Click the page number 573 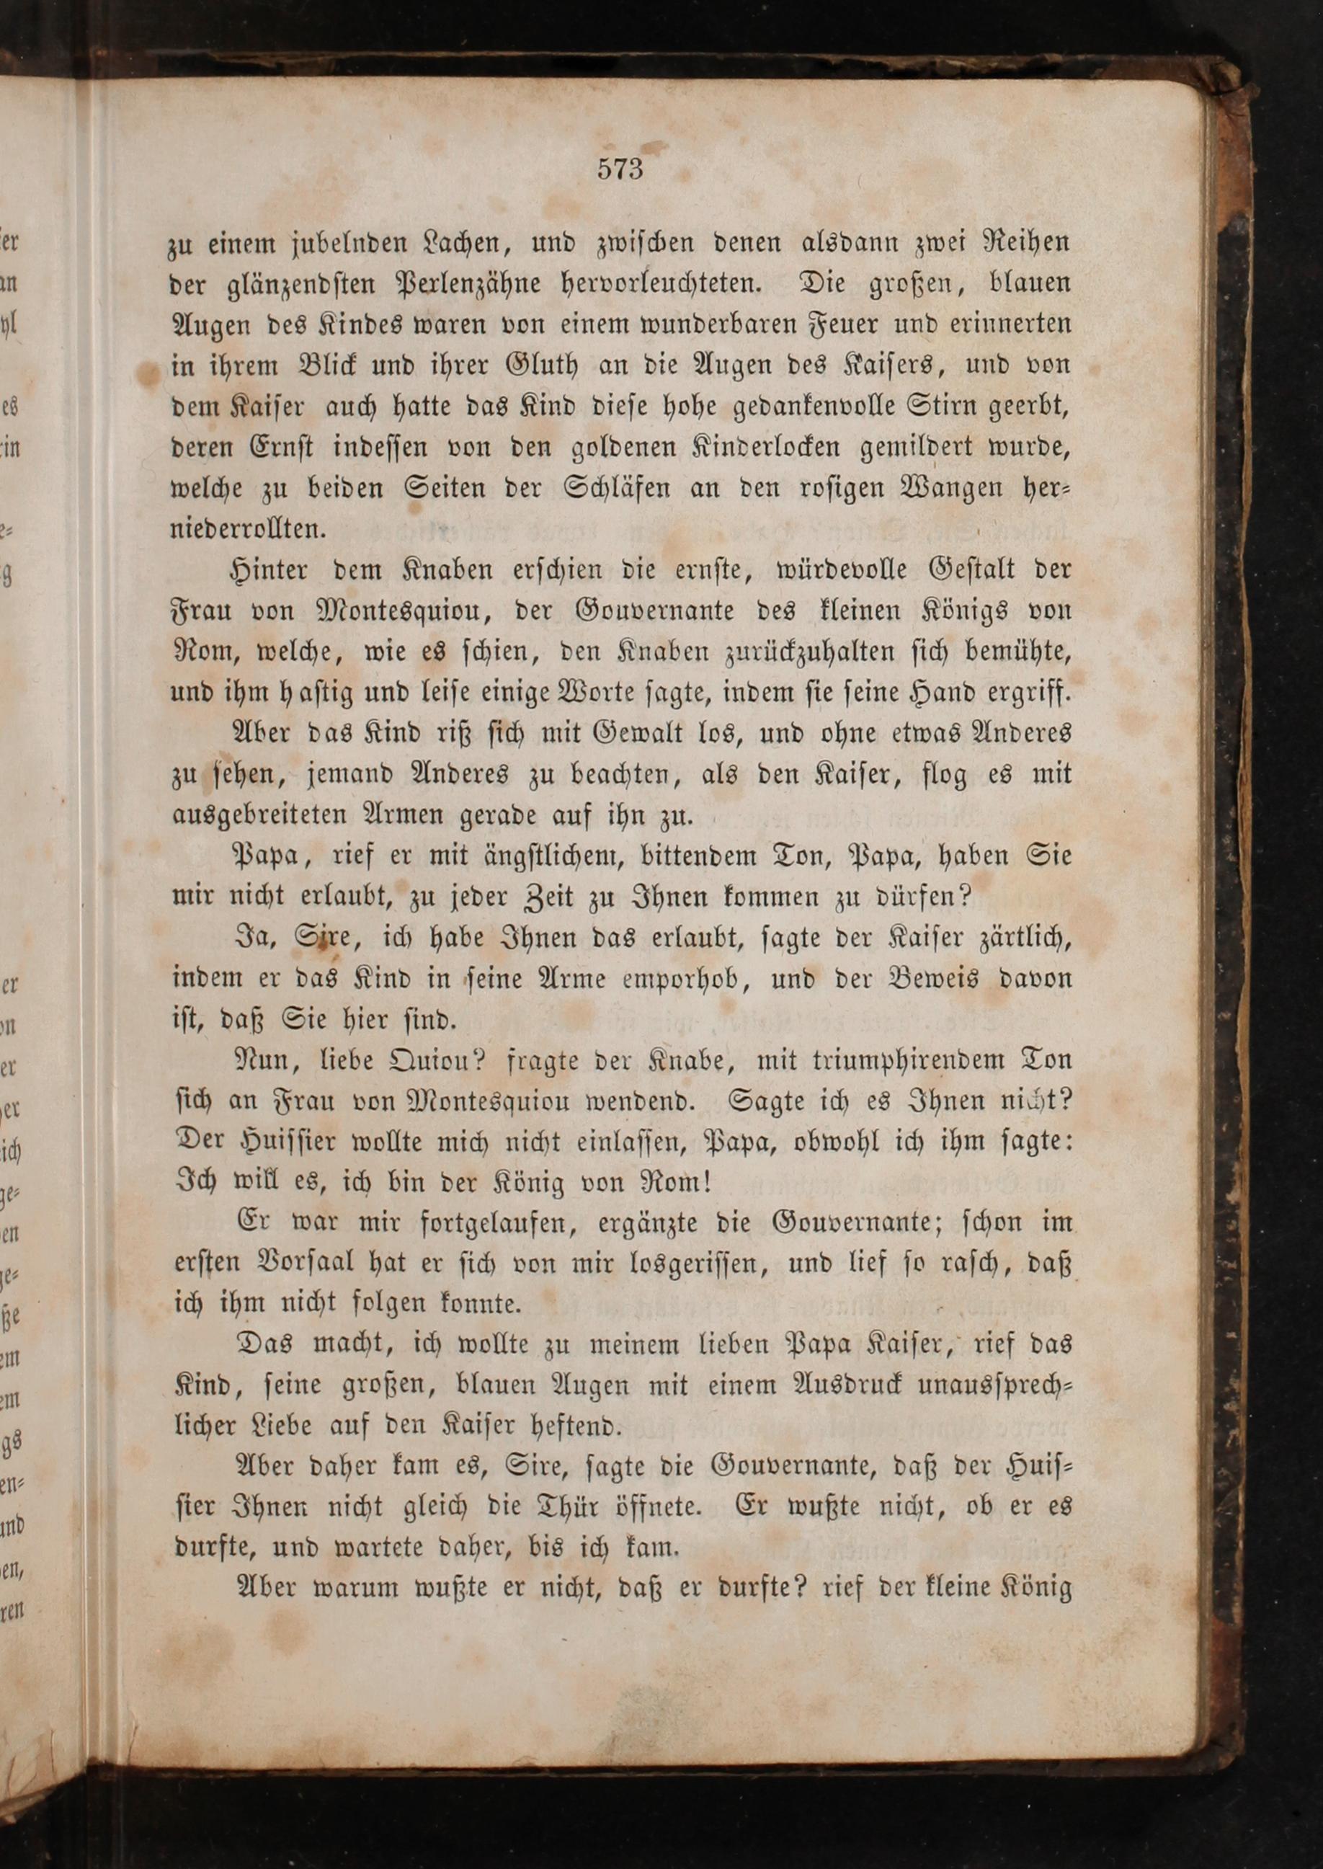coord(620,169)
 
